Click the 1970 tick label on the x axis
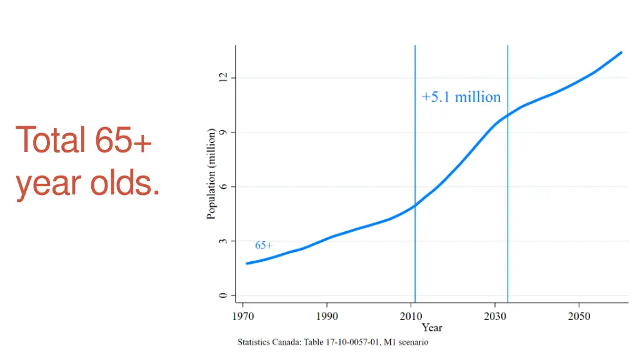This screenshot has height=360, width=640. click(242, 316)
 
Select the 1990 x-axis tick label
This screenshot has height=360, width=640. click(327, 316)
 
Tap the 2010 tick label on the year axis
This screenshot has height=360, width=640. click(411, 316)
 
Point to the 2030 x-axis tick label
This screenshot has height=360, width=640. click(495, 316)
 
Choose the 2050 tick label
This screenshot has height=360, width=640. click(579, 316)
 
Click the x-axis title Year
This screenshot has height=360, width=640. click(432, 327)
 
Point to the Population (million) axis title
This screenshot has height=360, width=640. click(211, 174)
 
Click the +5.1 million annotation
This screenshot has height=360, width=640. click(461, 97)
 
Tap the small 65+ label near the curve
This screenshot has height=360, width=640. click(264, 246)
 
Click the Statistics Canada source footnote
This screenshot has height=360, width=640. click(332, 342)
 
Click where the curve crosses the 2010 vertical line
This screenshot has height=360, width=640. click(415, 205)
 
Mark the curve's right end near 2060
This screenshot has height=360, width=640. click(621, 52)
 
